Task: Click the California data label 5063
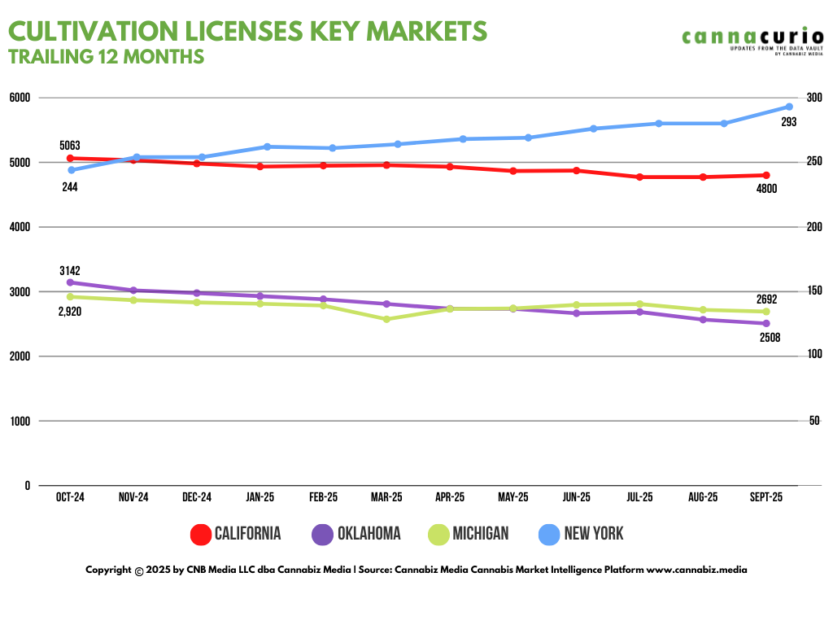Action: point(70,146)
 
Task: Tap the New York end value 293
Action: point(788,122)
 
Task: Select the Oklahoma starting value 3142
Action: point(70,270)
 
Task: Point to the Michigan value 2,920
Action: point(70,312)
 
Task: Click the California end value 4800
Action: point(766,189)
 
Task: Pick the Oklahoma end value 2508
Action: point(770,337)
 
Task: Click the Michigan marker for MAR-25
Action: point(386,319)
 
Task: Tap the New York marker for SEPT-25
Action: point(789,107)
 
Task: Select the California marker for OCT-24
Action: point(70,158)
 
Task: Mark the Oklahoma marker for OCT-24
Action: point(70,282)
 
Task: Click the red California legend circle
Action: point(201,534)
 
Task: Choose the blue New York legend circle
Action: point(550,534)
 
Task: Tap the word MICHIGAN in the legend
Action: point(480,534)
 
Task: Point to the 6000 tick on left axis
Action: point(20,98)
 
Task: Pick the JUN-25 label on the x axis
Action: point(577,497)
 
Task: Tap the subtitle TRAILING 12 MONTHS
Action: point(106,57)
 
